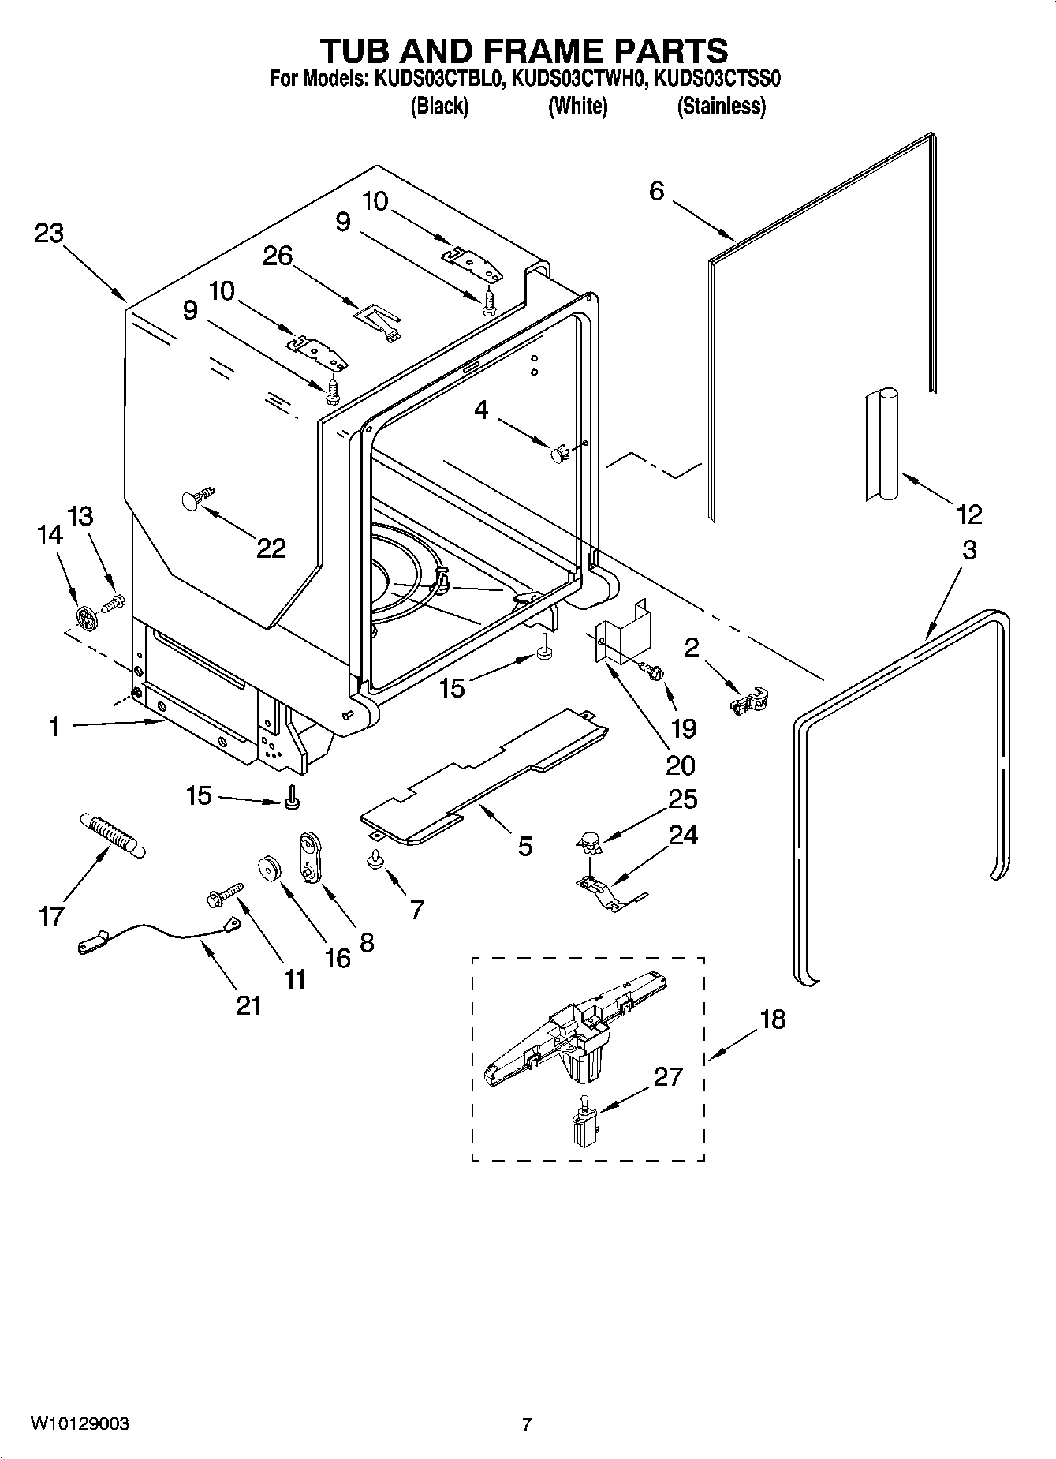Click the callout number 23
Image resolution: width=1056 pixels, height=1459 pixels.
(x=49, y=234)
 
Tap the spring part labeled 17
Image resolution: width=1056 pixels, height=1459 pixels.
(x=113, y=835)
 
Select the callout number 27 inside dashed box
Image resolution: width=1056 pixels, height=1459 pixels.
(x=667, y=1076)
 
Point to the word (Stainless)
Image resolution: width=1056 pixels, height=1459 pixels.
(x=721, y=106)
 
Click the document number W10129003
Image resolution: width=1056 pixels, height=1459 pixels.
(x=80, y=1424)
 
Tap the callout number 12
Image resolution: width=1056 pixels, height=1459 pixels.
(x=968, y=514)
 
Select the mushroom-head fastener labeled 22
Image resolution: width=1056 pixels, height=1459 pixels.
(x=198, y=498)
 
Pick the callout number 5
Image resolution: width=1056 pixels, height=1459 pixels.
(x=524, y=847)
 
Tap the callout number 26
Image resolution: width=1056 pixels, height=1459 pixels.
(x=278, y=256)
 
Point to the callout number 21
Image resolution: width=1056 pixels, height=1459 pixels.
(x=248, y=1004)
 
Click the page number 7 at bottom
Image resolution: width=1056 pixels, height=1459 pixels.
(x=527, y=1424)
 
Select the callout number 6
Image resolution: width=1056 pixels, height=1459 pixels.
(x=657, y=191)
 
